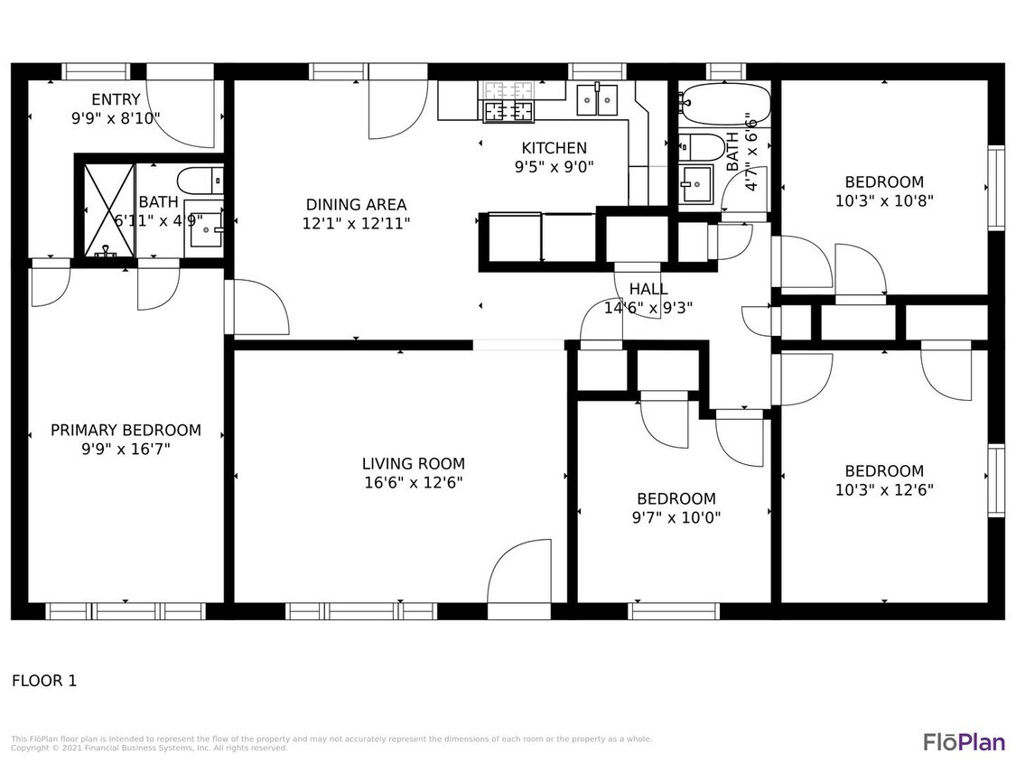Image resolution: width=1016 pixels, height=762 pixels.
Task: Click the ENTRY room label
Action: pyautogui.click(x=116, y=99)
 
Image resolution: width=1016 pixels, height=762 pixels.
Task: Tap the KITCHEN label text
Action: pyautogui.click(x=554, y=148)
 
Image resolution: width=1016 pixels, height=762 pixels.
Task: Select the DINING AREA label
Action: pyautogui.click(x=356, y=205)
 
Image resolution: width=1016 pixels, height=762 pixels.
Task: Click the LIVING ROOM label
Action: pyautogui.click(x=413, y=464)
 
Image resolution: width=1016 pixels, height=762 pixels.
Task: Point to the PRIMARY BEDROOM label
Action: pyautogui.click(x=126, y=430)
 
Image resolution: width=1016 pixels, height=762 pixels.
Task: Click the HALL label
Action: pyautogui.click(x=648, y=289)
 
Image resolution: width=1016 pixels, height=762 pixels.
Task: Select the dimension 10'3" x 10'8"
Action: pyautogui.click(x=884, y=201)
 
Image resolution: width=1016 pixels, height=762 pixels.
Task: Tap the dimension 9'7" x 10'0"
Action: pyautogui.click(x=676, y=517)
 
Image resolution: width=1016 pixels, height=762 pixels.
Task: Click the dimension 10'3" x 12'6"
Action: pyautogui.click(x=884, y=490)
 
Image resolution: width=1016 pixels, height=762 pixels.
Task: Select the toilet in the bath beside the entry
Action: pyautogui.click(x=198, y=180)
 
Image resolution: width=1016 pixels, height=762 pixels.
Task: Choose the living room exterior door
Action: pyautogui.click(x=519, y=581)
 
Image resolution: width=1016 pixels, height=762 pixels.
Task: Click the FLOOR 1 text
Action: pyautogui.click(x=44, y=681)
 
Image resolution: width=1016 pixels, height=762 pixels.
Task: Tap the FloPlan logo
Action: pyautogui.click(x=963, y=742)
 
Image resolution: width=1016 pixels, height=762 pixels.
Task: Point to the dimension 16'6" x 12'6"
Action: pyautogui.click(x=413, y=483)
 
